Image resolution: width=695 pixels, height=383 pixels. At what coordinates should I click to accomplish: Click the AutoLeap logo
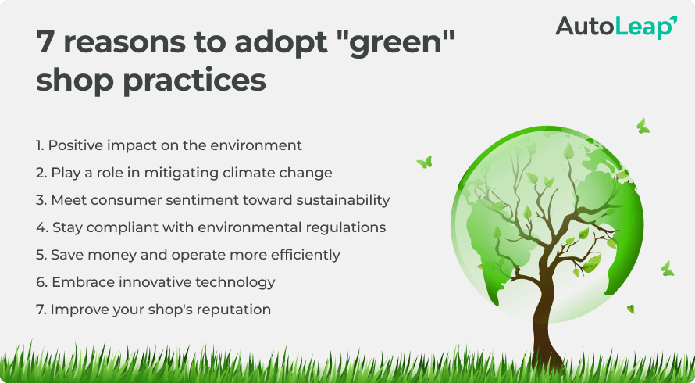pos(616,27)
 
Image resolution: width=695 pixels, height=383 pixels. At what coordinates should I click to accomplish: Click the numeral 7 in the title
pos(45,42)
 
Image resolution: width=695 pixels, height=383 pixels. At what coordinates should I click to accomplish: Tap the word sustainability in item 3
pos(343,200)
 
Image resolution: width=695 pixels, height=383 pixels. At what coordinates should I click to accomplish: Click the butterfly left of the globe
pos(425,162)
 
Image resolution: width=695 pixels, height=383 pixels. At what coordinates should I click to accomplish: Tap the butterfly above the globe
pos(643,126)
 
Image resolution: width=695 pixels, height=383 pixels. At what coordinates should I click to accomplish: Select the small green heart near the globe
pos(631,309)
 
